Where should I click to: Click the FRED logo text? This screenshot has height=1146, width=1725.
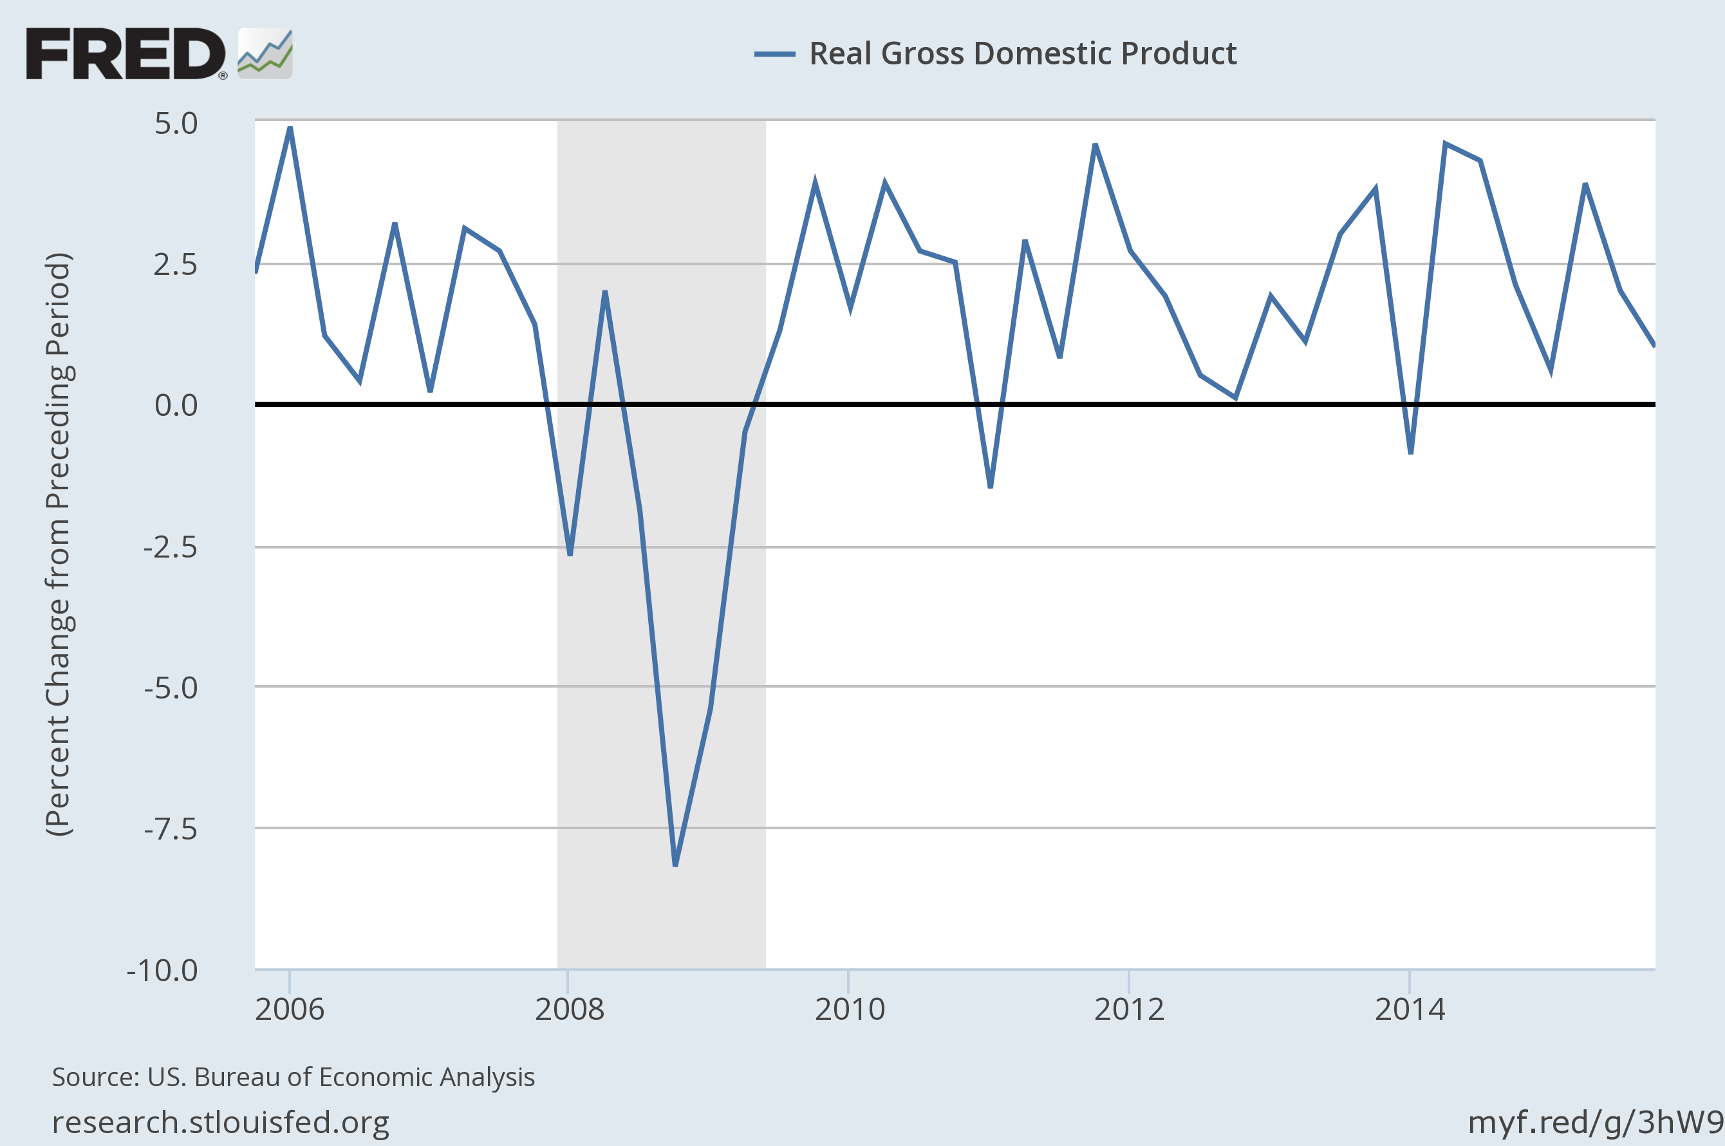(126, 53)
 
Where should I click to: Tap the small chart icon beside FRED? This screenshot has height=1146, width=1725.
(265, 53)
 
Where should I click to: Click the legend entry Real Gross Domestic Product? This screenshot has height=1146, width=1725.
(1022, 53)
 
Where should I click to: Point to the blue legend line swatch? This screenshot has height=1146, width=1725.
(774, 53)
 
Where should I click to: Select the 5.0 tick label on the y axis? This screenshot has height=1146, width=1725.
(176, 124)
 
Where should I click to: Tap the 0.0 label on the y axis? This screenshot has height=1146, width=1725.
(176, 405)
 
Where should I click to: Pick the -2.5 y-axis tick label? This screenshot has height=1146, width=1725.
(170, 547)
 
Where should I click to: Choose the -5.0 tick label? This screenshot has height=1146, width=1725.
(170, 688)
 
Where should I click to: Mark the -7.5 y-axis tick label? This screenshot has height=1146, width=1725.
(170, 829)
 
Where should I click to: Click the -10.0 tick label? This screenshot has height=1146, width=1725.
(162, 971)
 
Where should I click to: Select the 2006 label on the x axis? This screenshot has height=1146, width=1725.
(290, 1010)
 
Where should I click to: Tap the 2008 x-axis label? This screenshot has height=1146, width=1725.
(569, 1010)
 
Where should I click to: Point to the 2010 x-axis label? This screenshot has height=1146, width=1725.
(849, 1010)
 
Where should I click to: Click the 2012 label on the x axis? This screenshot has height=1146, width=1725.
(1129, 1010)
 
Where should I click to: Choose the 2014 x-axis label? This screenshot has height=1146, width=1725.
(1410, 1010)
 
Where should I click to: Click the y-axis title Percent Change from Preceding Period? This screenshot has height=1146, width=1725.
(59, 545)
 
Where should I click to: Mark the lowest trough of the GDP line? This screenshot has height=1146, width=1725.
(675, 865)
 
